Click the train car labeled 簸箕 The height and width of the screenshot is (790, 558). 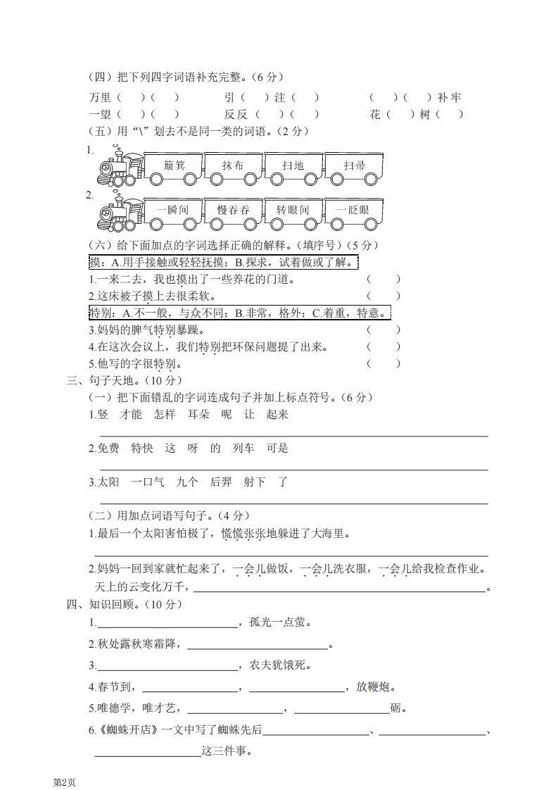(173, 166)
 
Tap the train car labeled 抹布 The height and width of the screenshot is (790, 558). (233, 166)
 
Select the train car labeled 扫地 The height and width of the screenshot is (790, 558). (293, 166)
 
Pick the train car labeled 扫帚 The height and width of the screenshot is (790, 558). (355, 166)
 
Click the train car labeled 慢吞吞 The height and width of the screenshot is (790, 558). (233, 211)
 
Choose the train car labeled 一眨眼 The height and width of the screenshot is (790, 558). (355, 211)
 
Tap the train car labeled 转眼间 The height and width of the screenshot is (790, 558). (293, 211)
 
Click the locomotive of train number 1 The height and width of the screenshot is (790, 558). (118, 168)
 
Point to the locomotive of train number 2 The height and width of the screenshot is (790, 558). (118, 211)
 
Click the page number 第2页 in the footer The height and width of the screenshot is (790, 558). (64, 781)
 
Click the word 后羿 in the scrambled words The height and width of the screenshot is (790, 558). (221, 482)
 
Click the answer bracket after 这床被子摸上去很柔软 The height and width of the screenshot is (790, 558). (383, 296)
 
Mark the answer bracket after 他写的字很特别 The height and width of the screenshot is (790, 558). (383, 364)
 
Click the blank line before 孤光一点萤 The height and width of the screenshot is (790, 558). (167, 622)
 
